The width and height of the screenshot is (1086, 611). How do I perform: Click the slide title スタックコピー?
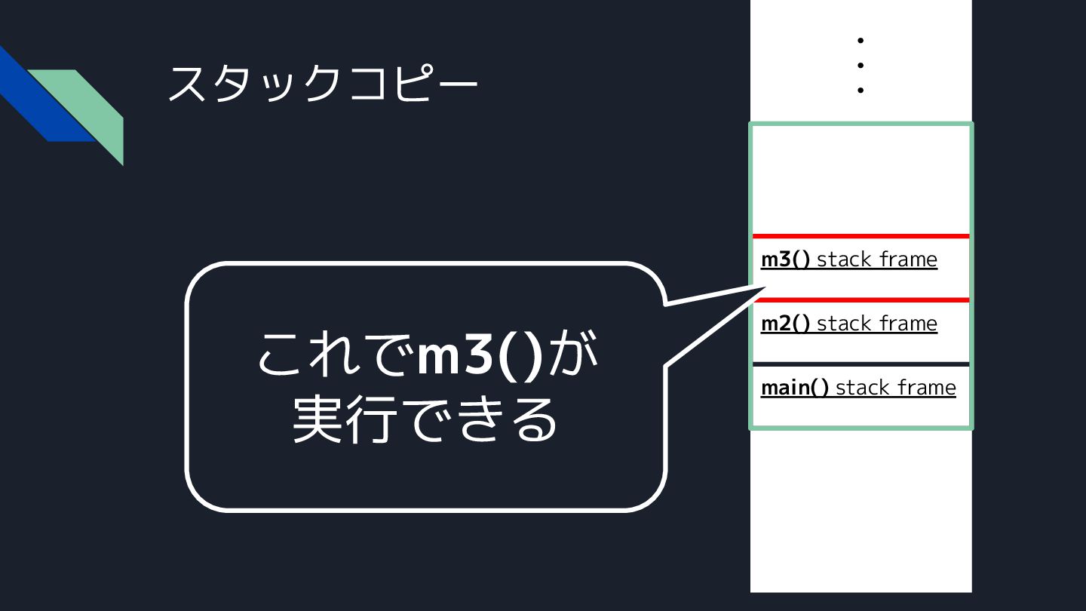pos(322,83)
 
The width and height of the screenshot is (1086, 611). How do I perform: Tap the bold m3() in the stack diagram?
pos(785,259)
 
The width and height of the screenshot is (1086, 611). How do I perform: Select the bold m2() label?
pos(785,324)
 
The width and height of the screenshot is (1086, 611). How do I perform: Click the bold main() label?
pos(794,388)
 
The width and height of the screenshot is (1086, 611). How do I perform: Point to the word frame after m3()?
pos(907,259)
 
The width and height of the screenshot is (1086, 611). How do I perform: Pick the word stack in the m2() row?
pos(843,324)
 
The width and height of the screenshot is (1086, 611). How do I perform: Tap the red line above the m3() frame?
pos(861,236)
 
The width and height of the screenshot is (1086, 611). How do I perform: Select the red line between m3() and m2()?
pos(861,300)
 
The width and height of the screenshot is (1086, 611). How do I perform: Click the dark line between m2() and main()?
pos(861,364)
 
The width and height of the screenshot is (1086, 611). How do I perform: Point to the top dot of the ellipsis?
pos(860,40)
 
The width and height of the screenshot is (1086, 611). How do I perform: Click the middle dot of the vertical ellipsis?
pos(860,65)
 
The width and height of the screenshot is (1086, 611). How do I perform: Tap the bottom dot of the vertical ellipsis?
pos(860,91)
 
